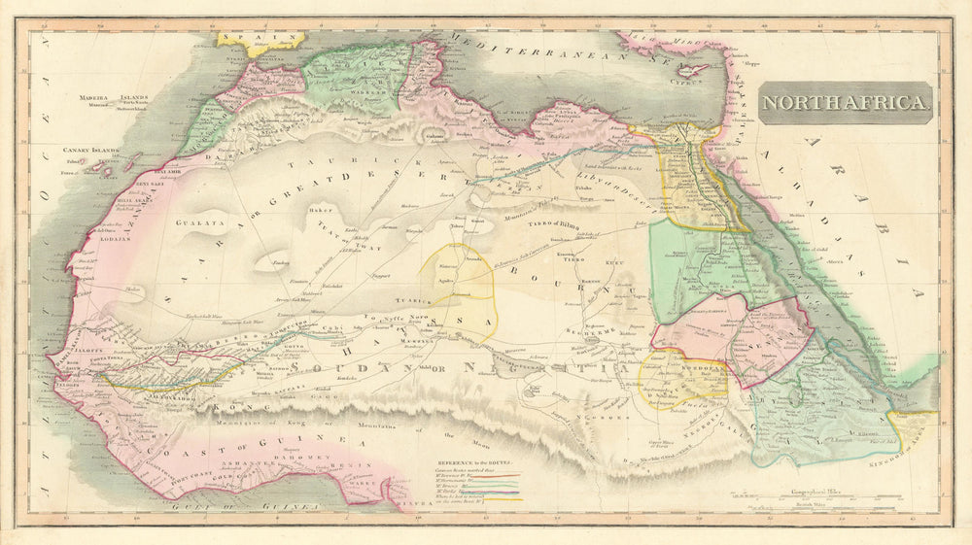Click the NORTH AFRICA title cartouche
845,101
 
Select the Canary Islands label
90,151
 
